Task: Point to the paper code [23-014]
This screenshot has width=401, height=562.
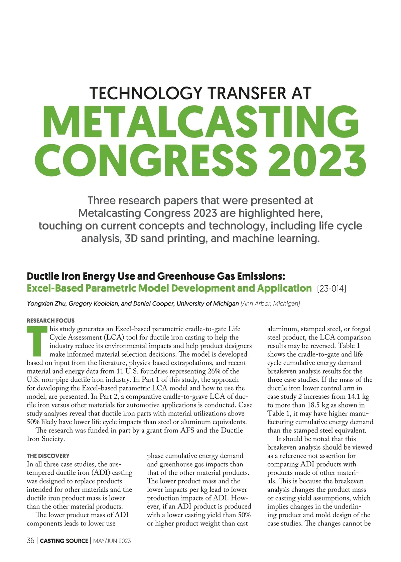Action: coord(331,288)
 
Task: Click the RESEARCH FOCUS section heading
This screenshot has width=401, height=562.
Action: coord(50,320)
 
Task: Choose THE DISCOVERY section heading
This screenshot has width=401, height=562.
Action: coord(48,456)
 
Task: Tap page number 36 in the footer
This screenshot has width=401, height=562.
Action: coord(30,541)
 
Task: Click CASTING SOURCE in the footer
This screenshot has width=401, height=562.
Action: coord(64,541)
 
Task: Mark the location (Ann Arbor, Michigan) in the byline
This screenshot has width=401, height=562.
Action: coord(270,304)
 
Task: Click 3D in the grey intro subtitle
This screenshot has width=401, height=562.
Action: coord(131,239)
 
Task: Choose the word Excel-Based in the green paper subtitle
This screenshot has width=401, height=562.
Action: coord(55,288)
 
